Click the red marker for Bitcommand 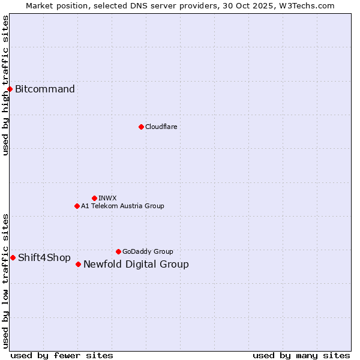click(x=10, y=89)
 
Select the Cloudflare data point click(x=141, y=127)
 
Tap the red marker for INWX click(x=94, y=198)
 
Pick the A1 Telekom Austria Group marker click(x=77, y=206)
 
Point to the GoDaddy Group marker click(x=118, y=251)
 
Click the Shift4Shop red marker click(x=13, y=257)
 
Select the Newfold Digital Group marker click(x=78, y=264)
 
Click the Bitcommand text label click(x=45, y=89)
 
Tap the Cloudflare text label click(x=161, y=127)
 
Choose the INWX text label click(x=107, y=198)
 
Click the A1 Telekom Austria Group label click(x=122, y=206)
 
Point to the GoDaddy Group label click(x=148, y=251)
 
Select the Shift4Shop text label click(x=44, y=257)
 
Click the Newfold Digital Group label click(x=136, y=264)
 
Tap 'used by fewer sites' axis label click(x=62, y=355)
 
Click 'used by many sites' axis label click(x=301, y=355)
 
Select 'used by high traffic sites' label click(x=5, y=85)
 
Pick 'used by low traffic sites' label click(x=5, y=281)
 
